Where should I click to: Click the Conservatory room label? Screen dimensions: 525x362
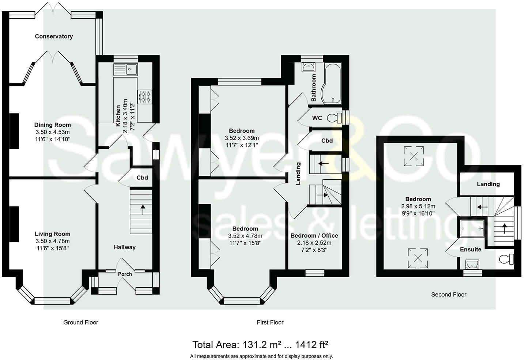54,36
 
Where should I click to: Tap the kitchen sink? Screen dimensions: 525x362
126,70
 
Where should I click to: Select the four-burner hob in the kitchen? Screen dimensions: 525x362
145,97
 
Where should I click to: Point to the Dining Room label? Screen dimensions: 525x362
53,125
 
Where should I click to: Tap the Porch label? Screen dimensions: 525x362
125,274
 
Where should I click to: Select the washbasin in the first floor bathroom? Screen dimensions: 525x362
309,67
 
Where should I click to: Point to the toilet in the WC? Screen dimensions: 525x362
335,118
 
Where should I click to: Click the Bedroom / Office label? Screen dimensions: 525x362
314,236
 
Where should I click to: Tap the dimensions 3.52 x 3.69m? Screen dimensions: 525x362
242,138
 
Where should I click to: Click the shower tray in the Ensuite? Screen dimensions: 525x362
472,229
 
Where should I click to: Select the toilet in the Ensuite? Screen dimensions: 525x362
506,259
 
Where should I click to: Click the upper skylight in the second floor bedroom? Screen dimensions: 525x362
413,156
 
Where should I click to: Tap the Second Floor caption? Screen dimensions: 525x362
449,294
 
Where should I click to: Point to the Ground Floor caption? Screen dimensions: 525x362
81,322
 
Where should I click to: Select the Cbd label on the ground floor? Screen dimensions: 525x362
142,178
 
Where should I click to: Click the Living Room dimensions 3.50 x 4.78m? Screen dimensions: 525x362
53,241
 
